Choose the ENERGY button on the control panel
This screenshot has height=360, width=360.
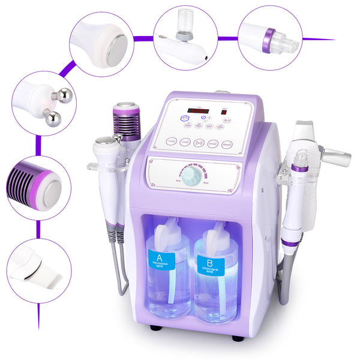tap(227, 144)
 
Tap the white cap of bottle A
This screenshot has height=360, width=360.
tap(167, 229)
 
